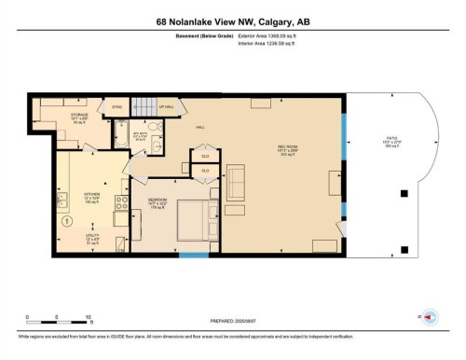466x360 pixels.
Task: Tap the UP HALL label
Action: pos(168,108)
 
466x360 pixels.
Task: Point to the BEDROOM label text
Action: pos(157,199)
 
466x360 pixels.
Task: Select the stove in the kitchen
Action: pos(120,202)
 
